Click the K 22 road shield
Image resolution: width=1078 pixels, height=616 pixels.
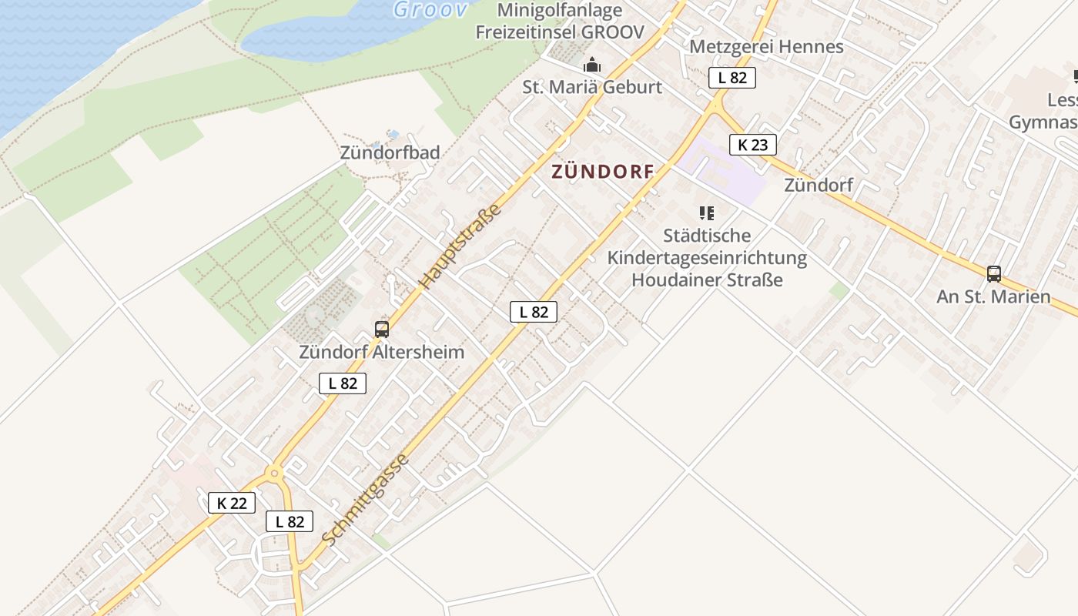click(x=232, y=504)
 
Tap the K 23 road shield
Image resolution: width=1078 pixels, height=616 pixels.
click(x=753, y=144)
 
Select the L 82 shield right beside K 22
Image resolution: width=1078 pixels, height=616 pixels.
click(x=290, y=521)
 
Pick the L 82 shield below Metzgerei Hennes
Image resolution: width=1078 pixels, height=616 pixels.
click(x=732, y=77)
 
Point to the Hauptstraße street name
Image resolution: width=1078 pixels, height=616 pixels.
click(x=460, y=246)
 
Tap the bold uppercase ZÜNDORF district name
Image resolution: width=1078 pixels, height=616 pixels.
click(x=602, y=172)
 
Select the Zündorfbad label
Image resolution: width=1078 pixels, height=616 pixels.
click(x=390, y=152)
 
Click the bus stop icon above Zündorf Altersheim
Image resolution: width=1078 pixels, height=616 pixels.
click(x=382, y=330)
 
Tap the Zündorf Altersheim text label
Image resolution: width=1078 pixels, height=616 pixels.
click(x=382, y=352)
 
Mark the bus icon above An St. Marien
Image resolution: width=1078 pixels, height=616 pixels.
click(x=994, y=273)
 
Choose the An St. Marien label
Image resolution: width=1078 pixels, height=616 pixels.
click(x=993, y=296)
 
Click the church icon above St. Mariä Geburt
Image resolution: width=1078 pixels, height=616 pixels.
click(x=591, y=65)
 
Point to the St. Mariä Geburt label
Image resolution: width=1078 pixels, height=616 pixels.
click(x=592, y=87)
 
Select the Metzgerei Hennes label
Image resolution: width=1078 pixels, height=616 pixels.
click(x=766, y=46)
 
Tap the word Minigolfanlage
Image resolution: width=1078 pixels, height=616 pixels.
click(x=560, y=10)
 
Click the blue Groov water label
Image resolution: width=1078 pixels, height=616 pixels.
click(x=430, y=9)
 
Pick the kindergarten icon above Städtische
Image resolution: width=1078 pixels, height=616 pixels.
click(x=706, y=213)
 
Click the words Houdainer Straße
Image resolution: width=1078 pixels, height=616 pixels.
click(x=707, y=280)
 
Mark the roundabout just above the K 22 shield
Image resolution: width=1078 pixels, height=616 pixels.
click(x=275, y=472)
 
